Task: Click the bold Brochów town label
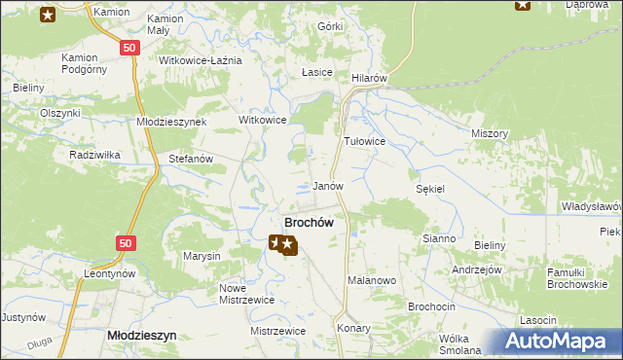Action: pos(309,223)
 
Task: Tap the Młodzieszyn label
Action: pos(140,334)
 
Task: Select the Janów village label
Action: pos(328,185)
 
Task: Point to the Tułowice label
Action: pos(365,141)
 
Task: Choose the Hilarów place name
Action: pos(370,77)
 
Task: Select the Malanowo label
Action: pos(371,280)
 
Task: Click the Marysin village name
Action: pos(202,257)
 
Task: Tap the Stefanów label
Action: pos(191,158)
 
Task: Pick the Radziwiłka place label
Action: pos(94,155)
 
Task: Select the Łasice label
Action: pos(317,73)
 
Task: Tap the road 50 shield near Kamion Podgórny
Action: pos(129,48)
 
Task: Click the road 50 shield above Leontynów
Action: pos(124,243)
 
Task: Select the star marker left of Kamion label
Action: pos(48,13)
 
